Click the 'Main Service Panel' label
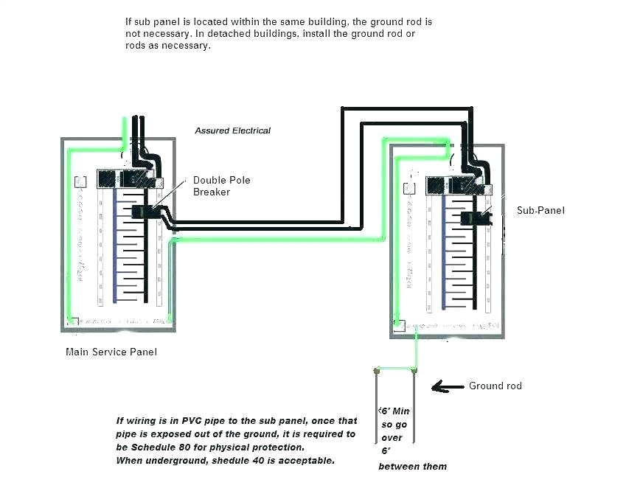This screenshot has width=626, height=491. pos(111,352)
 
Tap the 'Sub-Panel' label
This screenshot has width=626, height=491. pos(540,210)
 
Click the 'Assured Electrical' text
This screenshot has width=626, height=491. pos(232,130)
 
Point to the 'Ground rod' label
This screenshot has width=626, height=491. pos(495,386)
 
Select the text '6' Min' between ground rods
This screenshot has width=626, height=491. pos(393,411)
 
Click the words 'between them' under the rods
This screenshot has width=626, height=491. pos(412,467)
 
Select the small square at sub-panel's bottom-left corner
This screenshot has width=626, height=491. pos(398,324)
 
